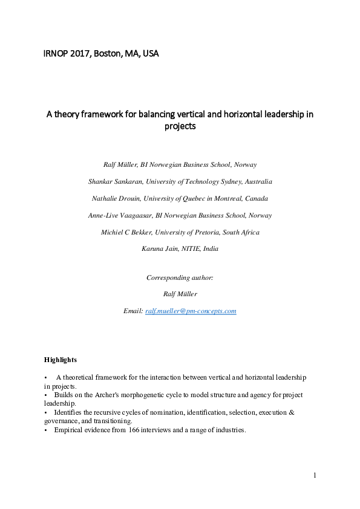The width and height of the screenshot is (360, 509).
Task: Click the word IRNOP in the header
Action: pyautogui.click(x=56, y=54)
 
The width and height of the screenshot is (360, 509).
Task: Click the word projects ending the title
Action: pyautogui.click(x=180, y=127)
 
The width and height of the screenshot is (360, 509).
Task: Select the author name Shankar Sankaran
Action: pyautogui.click(x=114, y=181)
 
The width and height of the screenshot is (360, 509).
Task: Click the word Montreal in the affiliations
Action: pyautogui.click(x=226, y=198)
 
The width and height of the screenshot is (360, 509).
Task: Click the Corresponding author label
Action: pyautogui.click(x=180, y=277)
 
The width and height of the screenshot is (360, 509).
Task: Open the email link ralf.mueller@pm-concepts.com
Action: pyautogui.click(x=191, y=311)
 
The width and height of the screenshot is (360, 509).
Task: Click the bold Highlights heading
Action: pyautogui.click(x=60, y=360)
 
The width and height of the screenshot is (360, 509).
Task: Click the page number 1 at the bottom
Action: pyautogui.click(x=315, y=476)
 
